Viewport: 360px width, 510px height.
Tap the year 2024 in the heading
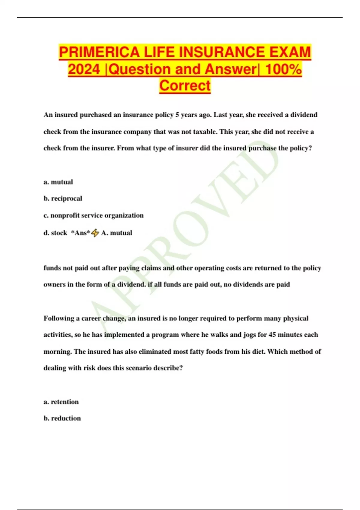84,69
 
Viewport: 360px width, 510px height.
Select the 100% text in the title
283,69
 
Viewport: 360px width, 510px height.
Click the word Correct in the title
185,85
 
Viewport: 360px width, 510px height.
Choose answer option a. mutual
58,182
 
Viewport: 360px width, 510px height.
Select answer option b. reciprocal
63,199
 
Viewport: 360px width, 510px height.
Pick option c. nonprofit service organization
94,215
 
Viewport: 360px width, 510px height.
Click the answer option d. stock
55,233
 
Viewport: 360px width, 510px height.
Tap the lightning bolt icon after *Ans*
95,233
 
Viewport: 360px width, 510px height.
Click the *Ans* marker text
80,233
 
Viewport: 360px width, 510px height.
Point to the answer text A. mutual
117,233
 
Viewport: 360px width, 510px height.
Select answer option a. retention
61,402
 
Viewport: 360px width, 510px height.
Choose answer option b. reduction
62,418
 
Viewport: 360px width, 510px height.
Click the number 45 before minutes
272,335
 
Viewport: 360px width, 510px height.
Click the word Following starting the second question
58,318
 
